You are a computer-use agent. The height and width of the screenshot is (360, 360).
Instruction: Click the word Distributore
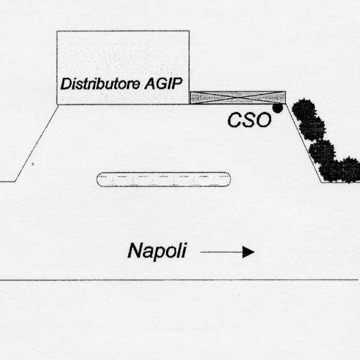click(x=100, y=83)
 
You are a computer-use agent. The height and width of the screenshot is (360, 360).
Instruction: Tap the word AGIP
click(x=164, y=83)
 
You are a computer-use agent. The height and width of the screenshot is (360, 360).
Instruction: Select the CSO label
click(x=249, y=120)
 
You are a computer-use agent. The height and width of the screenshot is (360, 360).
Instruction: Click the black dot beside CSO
click(x=277, y=108)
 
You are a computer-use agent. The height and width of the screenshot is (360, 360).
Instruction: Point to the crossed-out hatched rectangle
click(x=238, y=98)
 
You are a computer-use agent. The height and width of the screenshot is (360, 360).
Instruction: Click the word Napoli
click(x=157, y=251)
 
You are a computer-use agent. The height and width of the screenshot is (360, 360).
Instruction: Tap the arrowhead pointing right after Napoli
click(x=249, y=252)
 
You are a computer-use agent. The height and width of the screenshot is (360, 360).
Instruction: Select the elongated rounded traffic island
click(x=164, y=179)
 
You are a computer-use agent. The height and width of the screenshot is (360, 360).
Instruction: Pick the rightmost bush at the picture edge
click(x=351, y=169)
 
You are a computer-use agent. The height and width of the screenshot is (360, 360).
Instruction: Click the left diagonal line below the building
click(x=36, y=143)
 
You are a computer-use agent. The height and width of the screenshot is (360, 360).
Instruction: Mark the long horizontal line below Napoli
click(x=179, y=280)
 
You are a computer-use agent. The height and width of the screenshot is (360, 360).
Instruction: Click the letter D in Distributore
click(x=66, y=83)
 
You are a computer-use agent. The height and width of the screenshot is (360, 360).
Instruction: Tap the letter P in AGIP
click(x=178, y=83)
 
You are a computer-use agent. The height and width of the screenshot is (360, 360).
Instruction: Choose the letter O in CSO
click(x=264, y=120)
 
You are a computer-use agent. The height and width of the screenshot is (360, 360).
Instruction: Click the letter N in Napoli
click(x=135, y=251)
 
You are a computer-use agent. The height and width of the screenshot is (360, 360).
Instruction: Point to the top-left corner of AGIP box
click(x=57, y=31)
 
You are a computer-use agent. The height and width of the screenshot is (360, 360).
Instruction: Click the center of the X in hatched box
click(x=238, y=98)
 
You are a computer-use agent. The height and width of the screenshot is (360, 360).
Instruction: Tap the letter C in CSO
click(x=234, y=120)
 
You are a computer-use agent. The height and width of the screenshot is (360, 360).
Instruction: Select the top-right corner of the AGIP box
click(x=189, y=31)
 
